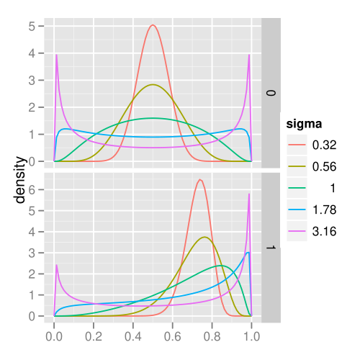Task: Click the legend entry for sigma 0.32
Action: point(312,145)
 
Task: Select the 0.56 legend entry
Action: point(312,166)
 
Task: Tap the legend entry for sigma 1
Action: point(312,188)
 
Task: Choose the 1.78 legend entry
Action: point(312,210)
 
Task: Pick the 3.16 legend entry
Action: point(312,231)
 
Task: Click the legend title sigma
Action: point(304,124)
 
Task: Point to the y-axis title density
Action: point(19,180)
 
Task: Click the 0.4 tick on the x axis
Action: point(133,336)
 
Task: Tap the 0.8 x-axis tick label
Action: point(212,336)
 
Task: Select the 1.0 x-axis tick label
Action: point(251,336)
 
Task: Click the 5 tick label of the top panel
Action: point(32,26)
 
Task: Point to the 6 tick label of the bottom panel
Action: point(32,189)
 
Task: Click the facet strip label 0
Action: point(271,93)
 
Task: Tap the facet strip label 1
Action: point(271,248)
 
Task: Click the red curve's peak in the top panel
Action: point(153,24)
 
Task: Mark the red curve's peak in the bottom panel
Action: point(200,179)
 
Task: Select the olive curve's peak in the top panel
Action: point(153,84)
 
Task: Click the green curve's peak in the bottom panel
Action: point(221,266)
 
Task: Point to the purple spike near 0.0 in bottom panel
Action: point(57,265)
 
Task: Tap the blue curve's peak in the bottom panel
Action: point(248,252)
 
